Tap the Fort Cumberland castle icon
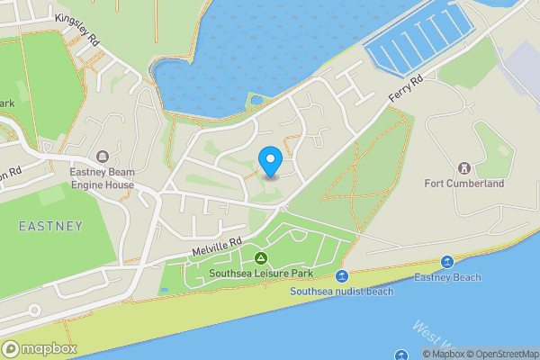(464, 168)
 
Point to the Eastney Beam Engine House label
(103, 179)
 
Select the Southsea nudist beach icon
(342, 276)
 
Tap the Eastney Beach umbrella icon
(447, 262)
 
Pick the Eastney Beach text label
(447, 278)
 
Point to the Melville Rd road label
(216, 244)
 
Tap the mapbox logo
(38, 348)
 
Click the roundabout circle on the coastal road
(34, 310)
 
